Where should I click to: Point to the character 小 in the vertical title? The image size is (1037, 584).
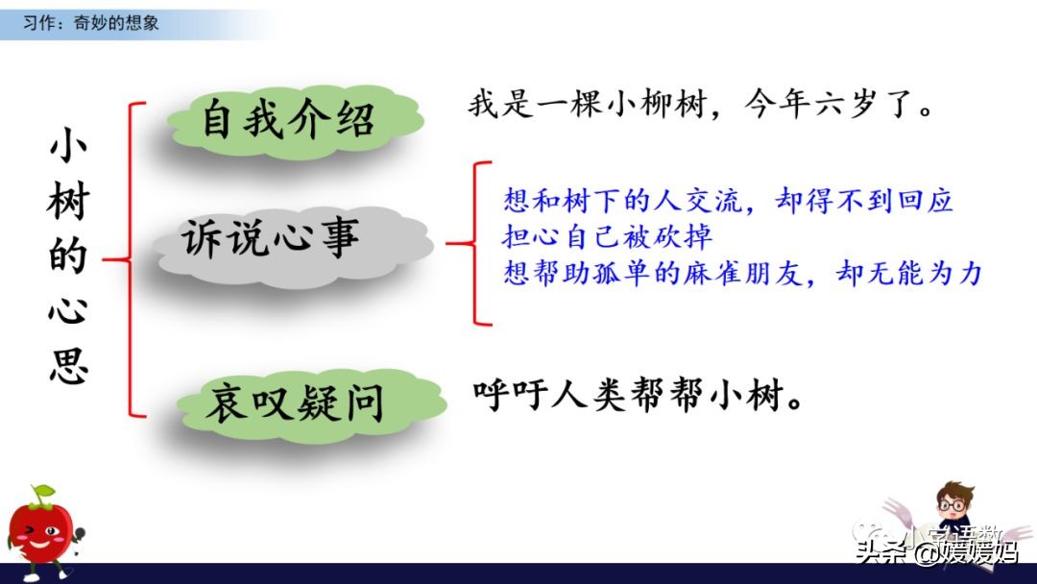coord(68,151)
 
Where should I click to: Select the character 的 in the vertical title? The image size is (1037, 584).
coord(68,257)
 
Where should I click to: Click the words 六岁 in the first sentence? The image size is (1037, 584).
coord(845,104)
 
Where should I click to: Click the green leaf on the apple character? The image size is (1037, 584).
coord(41,495)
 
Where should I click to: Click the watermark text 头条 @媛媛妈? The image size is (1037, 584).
coord(936,551)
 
